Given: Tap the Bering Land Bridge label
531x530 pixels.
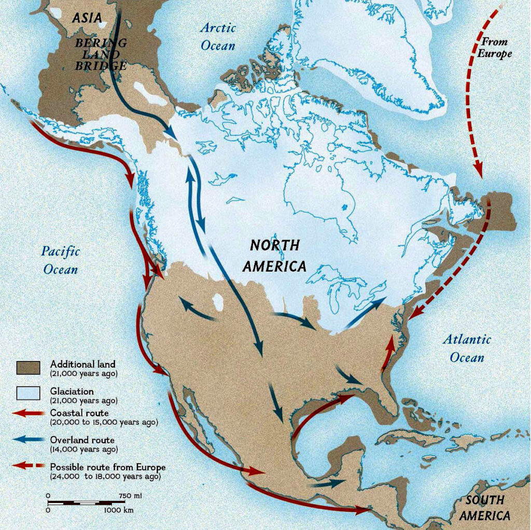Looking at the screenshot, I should coord(101,54).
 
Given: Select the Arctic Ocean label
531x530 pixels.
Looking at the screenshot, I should coord(218,36).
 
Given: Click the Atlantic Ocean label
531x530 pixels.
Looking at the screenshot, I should coord(467,348).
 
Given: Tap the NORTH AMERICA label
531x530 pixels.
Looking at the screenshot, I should coord(275,255).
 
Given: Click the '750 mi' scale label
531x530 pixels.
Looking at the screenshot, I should coord(130,496).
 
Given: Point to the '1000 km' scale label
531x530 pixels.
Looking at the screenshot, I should coord(119,510).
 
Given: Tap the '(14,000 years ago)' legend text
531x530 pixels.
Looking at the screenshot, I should coord(83,449).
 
